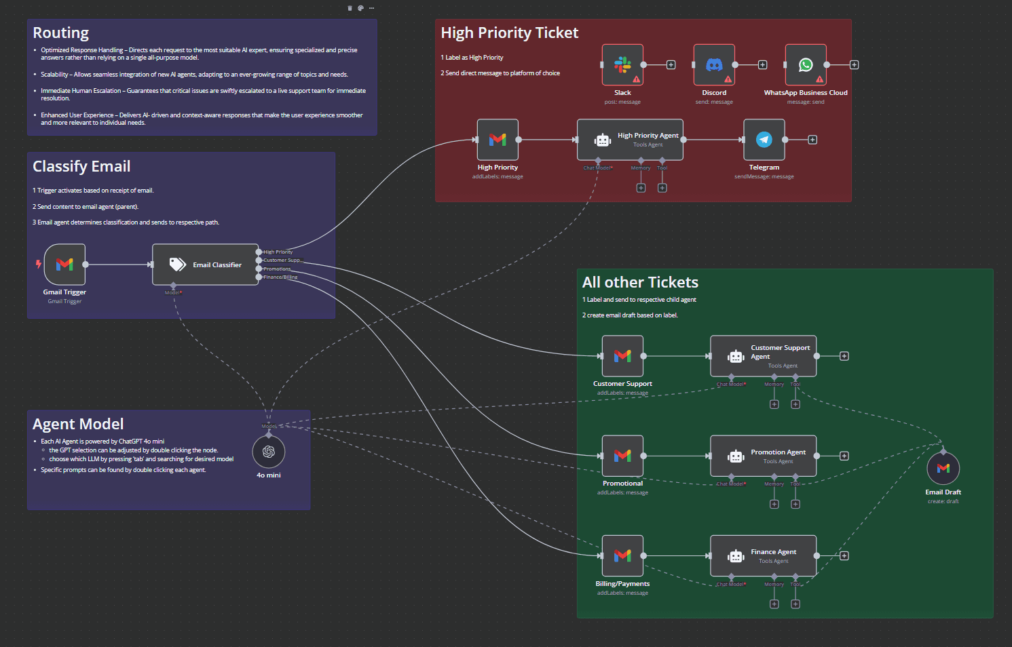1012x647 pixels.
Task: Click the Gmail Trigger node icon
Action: click(64, 264)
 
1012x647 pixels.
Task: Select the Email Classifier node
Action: click(205, 264)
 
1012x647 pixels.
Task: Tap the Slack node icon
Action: click(622, 65)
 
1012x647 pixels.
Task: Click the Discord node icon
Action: click(714, 65)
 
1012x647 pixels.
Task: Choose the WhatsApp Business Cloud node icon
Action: click(806, 65)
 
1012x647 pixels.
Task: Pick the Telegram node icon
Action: click(764, 140)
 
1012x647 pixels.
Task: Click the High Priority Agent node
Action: click(630, 140)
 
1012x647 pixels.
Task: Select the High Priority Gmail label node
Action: click(498, 140)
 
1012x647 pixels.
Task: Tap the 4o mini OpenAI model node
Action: click(269, 452)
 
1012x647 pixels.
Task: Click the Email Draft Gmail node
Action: click(943, 469)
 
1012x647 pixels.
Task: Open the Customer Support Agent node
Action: click(763, 356)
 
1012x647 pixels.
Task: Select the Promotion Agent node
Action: click(763, 456)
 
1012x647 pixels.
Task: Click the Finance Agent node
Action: click(763, 555)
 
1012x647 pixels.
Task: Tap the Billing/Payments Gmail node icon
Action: click(622, 555)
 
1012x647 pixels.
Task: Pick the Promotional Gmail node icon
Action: click(622, 456)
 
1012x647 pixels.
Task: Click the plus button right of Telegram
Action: click(812, 140)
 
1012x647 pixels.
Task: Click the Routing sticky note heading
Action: click(61, 33)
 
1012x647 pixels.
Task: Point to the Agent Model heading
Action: click(78, 425)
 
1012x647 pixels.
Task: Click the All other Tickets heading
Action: click(640, 283)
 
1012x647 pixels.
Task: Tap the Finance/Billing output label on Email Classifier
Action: click(280, 277)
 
